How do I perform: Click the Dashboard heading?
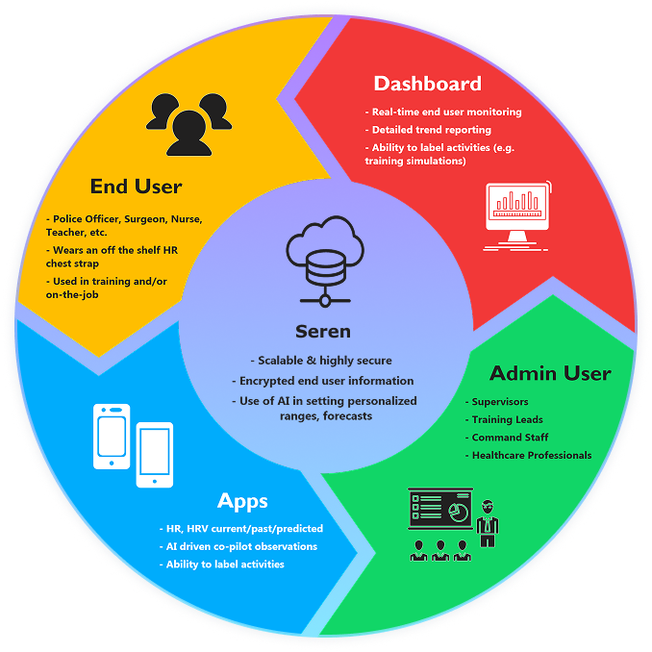(x=427, y=84)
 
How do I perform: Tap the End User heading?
(x=136, y=186)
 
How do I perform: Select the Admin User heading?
(x=550, y=373)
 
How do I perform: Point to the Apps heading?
(x=242, y=501)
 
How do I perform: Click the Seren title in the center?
(x=324, y=331)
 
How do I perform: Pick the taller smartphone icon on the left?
(x=112, y=437)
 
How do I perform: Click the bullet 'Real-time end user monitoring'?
(x=446, y=112)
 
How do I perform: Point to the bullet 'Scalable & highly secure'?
(x=324, y=361)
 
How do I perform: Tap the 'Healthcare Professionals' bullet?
(x=531, y=455)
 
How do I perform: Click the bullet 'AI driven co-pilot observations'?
(x=240, y=546)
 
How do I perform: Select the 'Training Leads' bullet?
(x=507, y=419)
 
